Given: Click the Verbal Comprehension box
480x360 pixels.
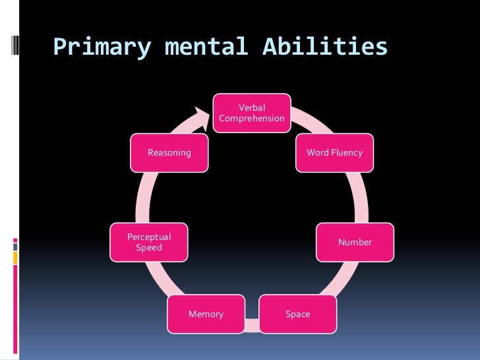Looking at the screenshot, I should (x=251, y=113).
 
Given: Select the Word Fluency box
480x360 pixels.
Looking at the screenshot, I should (x=334, y=153).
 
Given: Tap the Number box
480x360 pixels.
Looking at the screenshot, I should (x=355, y=243).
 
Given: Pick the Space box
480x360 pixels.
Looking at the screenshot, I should (x=297, y=314).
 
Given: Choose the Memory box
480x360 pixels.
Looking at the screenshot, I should (x=206, y=314).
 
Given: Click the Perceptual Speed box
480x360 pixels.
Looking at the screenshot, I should (x=149, y=243).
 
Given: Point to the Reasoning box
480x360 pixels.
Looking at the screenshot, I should (x=169, y=153).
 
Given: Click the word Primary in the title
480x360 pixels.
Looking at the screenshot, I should (x=102, y=47).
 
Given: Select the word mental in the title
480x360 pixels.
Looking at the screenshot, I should (x=200, y=47).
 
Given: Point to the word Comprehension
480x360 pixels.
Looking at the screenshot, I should (x=252, y=119).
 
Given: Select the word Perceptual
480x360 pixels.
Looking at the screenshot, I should (x=149, y=237).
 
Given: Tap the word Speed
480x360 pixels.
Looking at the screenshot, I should (x=149, y=248).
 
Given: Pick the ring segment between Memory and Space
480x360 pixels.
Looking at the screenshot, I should (x=252, y=322).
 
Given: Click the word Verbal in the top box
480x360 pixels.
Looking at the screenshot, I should (x=252, y=107).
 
